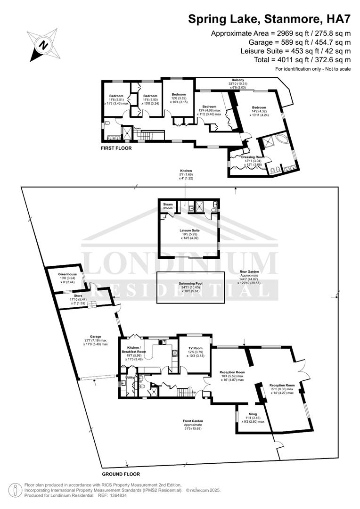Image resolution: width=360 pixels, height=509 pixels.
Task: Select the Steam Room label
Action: click(168, 206)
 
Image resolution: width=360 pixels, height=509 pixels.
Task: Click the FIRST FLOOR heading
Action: click(116, 148)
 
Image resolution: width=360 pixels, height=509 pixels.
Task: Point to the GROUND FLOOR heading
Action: click(121, 474)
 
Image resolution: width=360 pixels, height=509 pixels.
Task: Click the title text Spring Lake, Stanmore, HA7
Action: click(270, 19)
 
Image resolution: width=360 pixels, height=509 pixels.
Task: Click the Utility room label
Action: click(130, 378)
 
